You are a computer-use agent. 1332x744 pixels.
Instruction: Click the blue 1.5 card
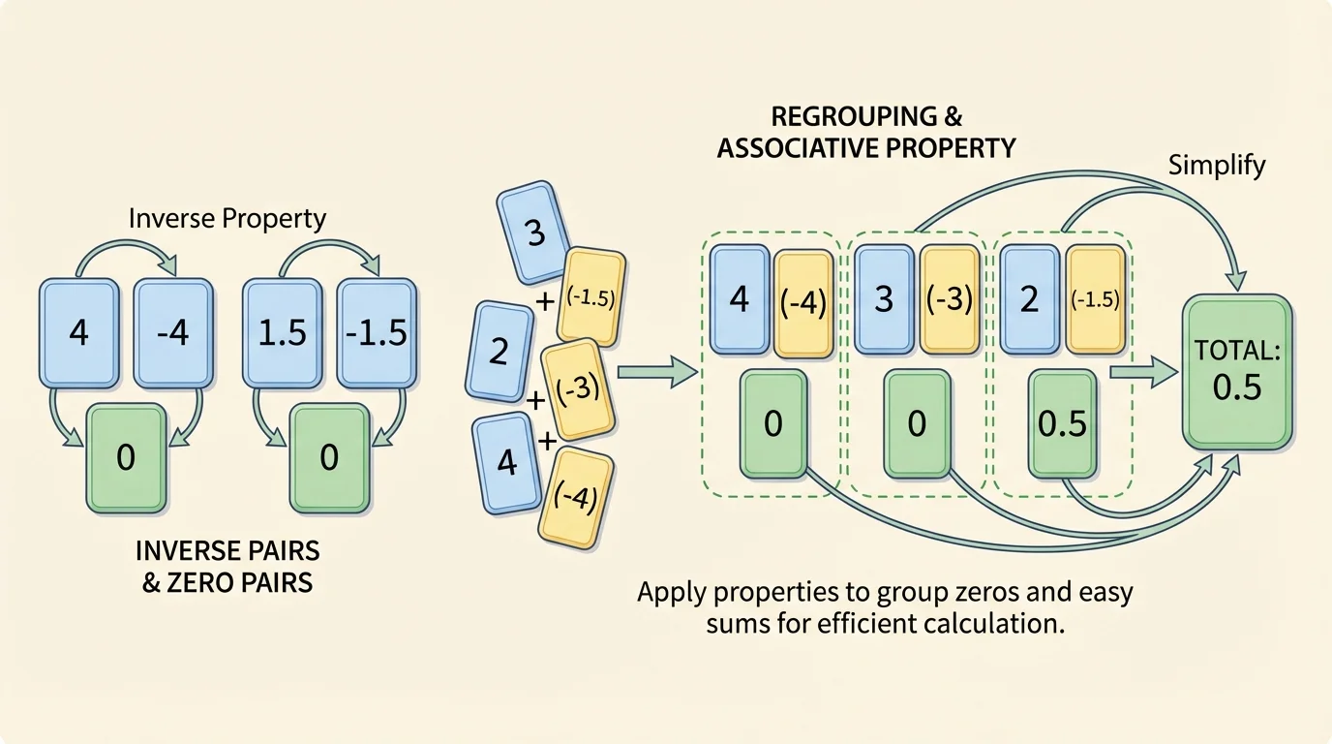(280, 332)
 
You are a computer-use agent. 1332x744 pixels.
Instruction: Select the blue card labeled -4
(171, 332)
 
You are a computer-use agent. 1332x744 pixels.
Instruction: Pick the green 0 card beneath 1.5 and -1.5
(328, 457)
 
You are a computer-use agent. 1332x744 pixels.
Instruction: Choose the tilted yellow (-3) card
(578, 389)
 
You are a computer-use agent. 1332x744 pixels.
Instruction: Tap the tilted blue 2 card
(499, 351)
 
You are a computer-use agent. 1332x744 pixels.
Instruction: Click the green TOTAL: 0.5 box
(1237, 374)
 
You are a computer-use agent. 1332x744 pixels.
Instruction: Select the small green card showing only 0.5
(1062, 424)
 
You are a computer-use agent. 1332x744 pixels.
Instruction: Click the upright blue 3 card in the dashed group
(883, 298)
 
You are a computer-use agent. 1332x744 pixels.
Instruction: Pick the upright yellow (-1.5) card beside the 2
(1095, 298)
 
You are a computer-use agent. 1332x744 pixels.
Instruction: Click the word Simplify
(1216, 165)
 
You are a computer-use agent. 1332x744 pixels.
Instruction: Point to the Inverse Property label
(227, 218)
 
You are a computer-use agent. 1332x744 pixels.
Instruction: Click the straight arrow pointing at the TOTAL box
(1143, 372)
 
